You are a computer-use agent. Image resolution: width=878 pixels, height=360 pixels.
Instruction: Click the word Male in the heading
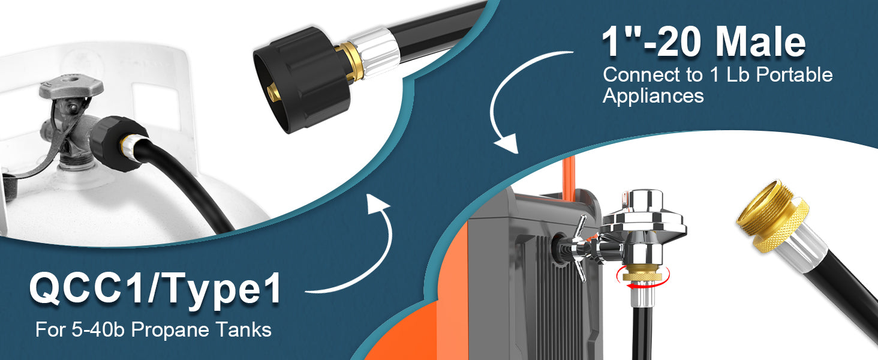click(760, 43)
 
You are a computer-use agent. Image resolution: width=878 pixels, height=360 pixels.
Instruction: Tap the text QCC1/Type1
click(155, 290)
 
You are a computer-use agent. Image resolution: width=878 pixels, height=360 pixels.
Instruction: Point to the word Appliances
click(653, 95)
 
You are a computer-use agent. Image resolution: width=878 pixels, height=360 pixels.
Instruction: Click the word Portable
click(794, 74)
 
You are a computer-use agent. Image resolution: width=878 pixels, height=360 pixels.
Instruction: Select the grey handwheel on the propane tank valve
click(71, 88)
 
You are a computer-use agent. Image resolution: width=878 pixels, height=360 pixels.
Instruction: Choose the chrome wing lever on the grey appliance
click(579, 247)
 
